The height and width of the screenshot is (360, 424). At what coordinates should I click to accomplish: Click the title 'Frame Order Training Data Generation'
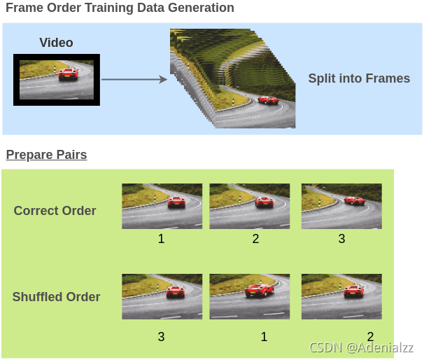coord(119,8)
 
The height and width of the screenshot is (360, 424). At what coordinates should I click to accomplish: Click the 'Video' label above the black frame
coord(56,43)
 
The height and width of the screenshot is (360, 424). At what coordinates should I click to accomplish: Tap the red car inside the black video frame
coord(68,73)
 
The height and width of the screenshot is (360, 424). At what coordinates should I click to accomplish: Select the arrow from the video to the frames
coord(134,80)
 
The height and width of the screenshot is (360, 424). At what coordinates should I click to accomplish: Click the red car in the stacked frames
coord(267,99)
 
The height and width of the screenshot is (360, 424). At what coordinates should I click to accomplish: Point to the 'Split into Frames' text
coord(359,78)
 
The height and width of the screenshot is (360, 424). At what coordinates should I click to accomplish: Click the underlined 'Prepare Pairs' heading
coord(46,155)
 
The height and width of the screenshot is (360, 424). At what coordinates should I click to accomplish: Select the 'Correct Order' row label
coord(55,211)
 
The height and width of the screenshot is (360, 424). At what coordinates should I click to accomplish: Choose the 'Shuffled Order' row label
coord(56,297)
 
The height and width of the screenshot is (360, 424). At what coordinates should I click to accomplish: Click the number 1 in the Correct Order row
coord(161,239)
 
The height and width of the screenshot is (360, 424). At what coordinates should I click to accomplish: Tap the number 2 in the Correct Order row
coord(255,239)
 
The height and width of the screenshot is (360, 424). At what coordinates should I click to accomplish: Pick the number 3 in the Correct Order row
coord(341,239)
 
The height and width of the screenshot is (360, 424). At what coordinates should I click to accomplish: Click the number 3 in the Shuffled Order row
coord(161,337)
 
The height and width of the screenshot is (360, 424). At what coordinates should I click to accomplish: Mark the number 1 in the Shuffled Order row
coord(264,337)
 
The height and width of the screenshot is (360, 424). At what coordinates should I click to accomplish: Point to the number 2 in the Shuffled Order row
coord(370,337)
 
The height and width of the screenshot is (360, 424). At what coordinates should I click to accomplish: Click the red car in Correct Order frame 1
coord(176,202)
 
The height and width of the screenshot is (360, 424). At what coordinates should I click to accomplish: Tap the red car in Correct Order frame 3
coord(355,200)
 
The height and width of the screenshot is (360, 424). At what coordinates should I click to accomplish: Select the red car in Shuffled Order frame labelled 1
coord(258,291)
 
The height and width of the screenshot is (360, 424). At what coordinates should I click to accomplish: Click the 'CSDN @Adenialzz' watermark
coord(362,347)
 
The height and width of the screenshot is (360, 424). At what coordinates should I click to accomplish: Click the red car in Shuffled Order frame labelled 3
coord(175,292)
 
